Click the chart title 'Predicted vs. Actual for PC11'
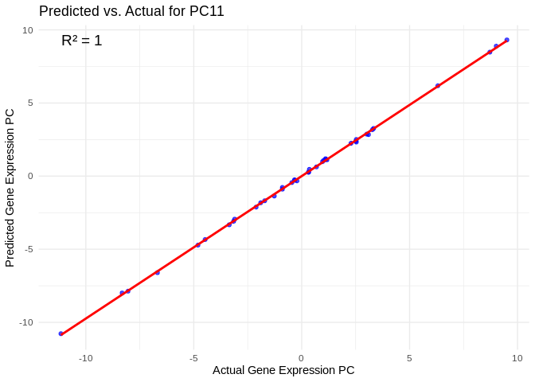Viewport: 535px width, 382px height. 131,11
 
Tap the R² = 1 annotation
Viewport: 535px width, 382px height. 82,41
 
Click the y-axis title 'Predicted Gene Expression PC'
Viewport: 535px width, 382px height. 10,188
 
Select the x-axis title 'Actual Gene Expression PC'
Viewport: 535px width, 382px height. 283,370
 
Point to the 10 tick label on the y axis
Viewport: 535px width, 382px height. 28,30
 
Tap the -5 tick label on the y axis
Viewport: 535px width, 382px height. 29,249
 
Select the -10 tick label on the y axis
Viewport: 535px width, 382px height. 26,322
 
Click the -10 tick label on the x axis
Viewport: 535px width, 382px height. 85,358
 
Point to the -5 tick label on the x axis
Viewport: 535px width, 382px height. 193,358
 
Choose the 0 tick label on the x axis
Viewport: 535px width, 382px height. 301,358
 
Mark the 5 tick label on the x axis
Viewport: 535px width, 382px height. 409,358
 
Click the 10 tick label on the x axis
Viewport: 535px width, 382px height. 517,358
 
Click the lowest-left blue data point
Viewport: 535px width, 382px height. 61,333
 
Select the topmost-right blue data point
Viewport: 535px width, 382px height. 506,40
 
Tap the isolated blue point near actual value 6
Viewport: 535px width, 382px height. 438,85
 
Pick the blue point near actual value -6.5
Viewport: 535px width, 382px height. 157,273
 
